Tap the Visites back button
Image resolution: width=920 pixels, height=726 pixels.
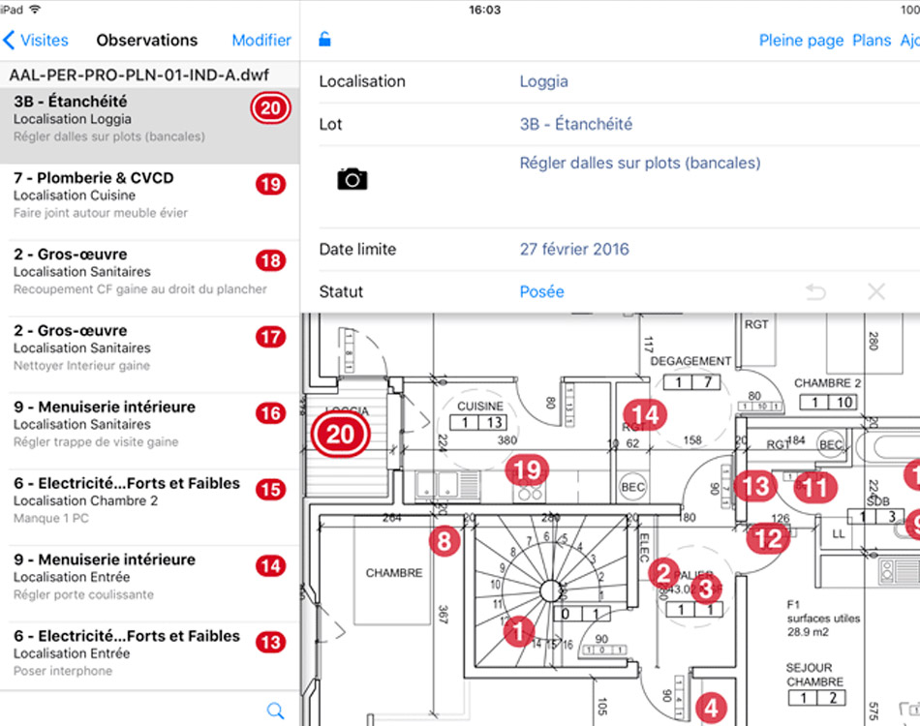[x=37, y=41]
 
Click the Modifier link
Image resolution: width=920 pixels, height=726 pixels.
[x=261, y=41]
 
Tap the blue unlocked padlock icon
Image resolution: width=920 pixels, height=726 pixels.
[x=325, y=41]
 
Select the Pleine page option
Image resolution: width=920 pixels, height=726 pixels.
[x=801, y=41]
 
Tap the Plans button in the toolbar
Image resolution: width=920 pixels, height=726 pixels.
[x=872, y=41]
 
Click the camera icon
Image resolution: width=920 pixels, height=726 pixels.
[x=352, y=179]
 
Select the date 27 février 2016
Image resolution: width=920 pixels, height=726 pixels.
[x=574, y=250]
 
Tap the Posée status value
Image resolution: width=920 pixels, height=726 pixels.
[x=541, y=291]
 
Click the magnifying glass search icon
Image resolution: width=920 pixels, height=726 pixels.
[x=275, y=710]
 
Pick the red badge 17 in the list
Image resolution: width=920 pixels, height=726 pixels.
[x=270, y=338]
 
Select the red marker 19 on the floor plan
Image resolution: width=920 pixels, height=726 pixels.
[x=527, y=471]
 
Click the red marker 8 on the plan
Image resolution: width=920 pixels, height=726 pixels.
[x=444, y=541]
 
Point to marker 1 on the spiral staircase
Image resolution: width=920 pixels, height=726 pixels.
[x=519, y=632]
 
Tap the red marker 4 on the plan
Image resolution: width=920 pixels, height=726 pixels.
[x=712, y=708]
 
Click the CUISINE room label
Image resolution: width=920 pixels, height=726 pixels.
[x=480, y=407]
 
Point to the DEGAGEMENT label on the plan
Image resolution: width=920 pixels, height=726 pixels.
[x=690, y=361]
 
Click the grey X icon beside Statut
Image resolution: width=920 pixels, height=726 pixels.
[x=876, y=291]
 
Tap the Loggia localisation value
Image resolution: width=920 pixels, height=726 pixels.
[x=543, y=82]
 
